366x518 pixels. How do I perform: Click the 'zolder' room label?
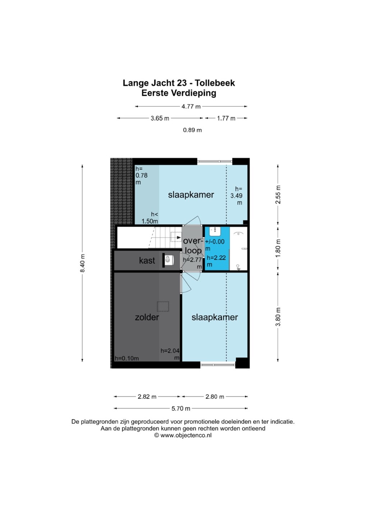(147, 317)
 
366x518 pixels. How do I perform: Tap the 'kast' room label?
(147, 260)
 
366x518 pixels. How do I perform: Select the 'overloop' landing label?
(192, 246)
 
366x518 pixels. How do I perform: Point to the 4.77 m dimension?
(191, 106)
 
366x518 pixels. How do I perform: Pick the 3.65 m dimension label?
(160, 118)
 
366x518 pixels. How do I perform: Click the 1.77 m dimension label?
(226, 118)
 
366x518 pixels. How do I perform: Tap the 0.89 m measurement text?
(192, 130)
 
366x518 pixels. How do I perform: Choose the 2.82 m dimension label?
(147, 397)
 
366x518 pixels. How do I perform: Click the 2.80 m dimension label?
(215, 397)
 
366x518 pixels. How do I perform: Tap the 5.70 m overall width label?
(181, 409)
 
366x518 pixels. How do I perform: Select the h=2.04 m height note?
(170, 354)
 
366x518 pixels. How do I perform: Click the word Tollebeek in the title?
(215, 83)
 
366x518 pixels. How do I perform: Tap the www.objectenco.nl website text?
(186, 435)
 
